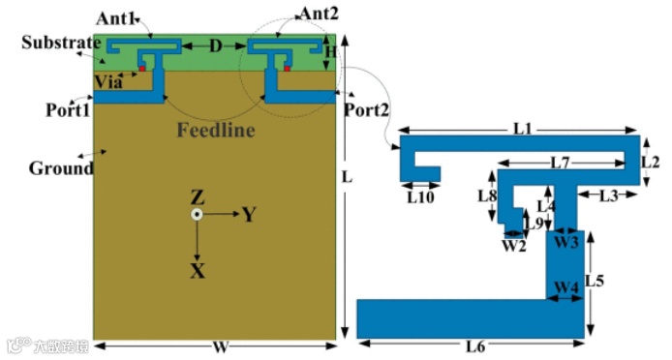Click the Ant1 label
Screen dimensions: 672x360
[116, 18]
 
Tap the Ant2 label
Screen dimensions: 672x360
[319, 14]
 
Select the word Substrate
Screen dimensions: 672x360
[61, 43]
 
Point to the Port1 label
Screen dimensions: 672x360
[68, 110]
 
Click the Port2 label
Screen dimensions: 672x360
[366, 110]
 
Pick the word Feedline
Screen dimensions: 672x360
[216, 130]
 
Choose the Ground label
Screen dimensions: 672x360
[61, 168]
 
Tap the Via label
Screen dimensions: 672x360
[108, 81]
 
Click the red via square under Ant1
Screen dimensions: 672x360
[142, 68]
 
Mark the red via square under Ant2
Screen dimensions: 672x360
[288, 68]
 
